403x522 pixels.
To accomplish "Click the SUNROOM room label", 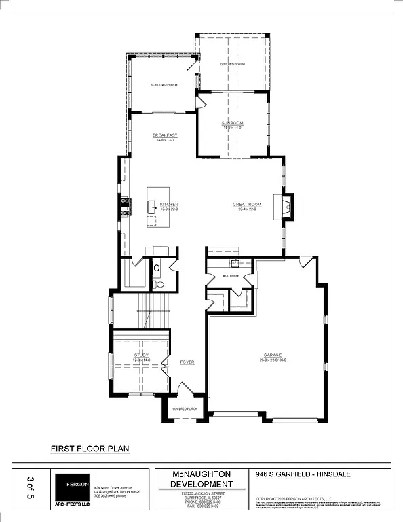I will (232, 123).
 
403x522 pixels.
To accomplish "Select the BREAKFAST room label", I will (165, 135).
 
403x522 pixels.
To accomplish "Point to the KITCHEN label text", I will (169, 205).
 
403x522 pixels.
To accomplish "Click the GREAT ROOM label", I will (247, 205).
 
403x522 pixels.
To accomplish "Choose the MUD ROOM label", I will (231, 276).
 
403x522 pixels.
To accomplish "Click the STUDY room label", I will (141, 355).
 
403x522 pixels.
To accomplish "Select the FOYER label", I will (187, 362).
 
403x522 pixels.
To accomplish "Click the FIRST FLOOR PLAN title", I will (90, 449).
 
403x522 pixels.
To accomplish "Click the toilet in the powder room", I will (157, 268).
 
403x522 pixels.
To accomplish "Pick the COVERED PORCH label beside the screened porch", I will (232, 65).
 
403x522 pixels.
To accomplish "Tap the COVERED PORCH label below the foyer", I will (185, 409).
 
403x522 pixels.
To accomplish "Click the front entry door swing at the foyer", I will (183, 390).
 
